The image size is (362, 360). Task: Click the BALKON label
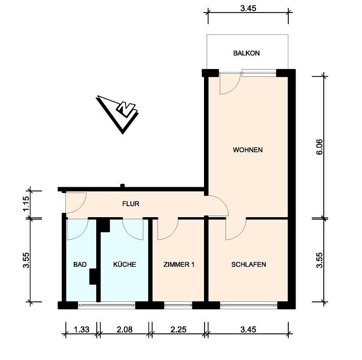(246, 53)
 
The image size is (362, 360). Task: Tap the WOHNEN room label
(248, 150)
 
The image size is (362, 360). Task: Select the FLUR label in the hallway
(131, 204)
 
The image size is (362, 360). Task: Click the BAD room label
(80, 264)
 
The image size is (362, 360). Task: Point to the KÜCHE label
(125, 264)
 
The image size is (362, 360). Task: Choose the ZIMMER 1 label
(179, 264)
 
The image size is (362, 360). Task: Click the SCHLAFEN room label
(248, 264)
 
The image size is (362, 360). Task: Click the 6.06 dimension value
(320, 147)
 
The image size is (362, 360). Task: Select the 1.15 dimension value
(26, 204)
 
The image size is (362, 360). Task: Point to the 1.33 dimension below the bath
(82, 330)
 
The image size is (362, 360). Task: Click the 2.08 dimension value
(125, 330)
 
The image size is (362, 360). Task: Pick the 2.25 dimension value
(178, 330)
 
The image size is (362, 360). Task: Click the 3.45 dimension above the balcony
(248, 8)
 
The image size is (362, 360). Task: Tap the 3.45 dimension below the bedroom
(248, 330)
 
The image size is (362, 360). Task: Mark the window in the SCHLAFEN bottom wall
(248, 305)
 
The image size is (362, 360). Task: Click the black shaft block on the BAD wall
(93, 276)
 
